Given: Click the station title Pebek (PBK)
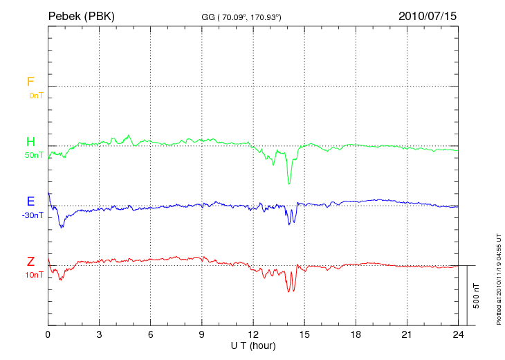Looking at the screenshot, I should point(82,15).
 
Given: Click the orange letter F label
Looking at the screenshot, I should point(30,82).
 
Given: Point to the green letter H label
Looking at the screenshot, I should point(30,142).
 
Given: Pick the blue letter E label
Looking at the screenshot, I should point(30,201).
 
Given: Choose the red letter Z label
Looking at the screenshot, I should point(30,262).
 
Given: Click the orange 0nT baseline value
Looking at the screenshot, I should point(35,95).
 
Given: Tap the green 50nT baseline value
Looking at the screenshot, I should point(34,155).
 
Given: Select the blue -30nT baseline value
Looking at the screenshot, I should point(33,215).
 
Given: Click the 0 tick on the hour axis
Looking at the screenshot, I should point(48,334).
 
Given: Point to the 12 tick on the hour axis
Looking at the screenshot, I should point(253,334).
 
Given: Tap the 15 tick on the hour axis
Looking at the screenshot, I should point(304,334).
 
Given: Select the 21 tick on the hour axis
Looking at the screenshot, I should point(407,334).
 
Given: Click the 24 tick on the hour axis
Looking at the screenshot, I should point(458,334).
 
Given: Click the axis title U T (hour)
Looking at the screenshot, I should point(253,345).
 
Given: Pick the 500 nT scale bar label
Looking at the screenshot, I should point(476,295).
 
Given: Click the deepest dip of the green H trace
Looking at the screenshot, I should point(289,183).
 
